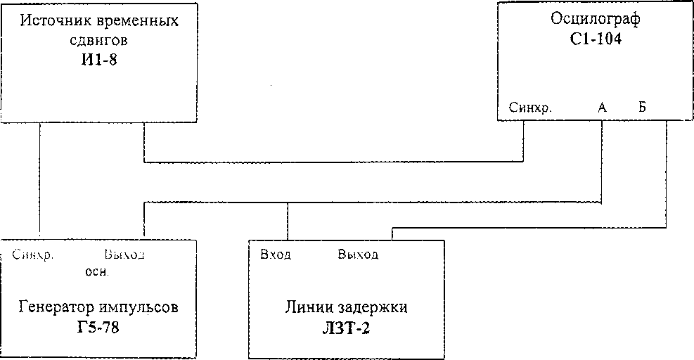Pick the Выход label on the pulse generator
coord(124,254)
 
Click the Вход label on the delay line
coord(276,254)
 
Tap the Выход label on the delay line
coord(358,254)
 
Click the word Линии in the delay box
coord(304,308)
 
